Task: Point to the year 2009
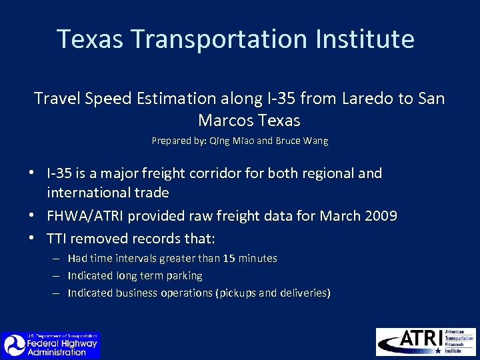[378, 216]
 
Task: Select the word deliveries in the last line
[304, 293]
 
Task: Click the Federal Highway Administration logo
[50, 345]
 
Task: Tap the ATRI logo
[425, 341]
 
